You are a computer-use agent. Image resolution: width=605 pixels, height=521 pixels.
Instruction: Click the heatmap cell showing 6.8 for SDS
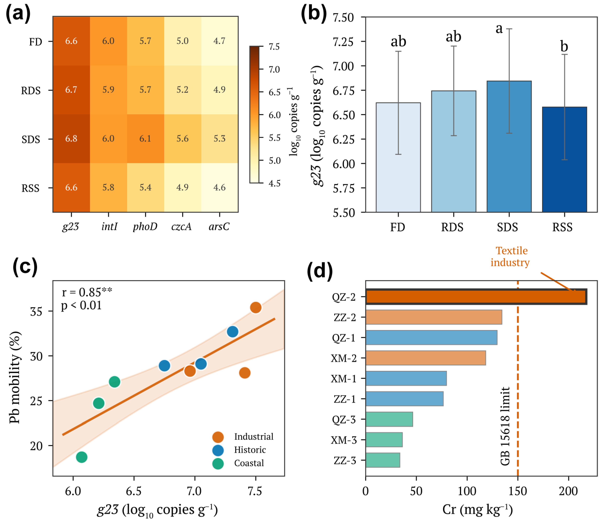[71, 138]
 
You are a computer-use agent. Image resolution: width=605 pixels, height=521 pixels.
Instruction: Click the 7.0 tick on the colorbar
[274, 70]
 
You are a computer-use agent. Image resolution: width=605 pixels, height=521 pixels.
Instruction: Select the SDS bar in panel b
[509, 146]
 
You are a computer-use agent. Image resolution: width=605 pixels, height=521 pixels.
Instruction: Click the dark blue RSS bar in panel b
[564, 159]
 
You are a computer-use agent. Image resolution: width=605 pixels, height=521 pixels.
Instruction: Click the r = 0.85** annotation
[87, 292]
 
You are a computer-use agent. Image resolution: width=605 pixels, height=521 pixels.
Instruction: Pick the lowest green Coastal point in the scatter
[82, 457]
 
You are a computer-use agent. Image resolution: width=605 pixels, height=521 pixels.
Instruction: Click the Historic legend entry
[250, 450]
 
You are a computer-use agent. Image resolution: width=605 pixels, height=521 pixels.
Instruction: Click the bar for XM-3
[384, 440]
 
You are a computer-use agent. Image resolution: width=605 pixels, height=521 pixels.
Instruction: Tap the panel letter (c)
[25, 267]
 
